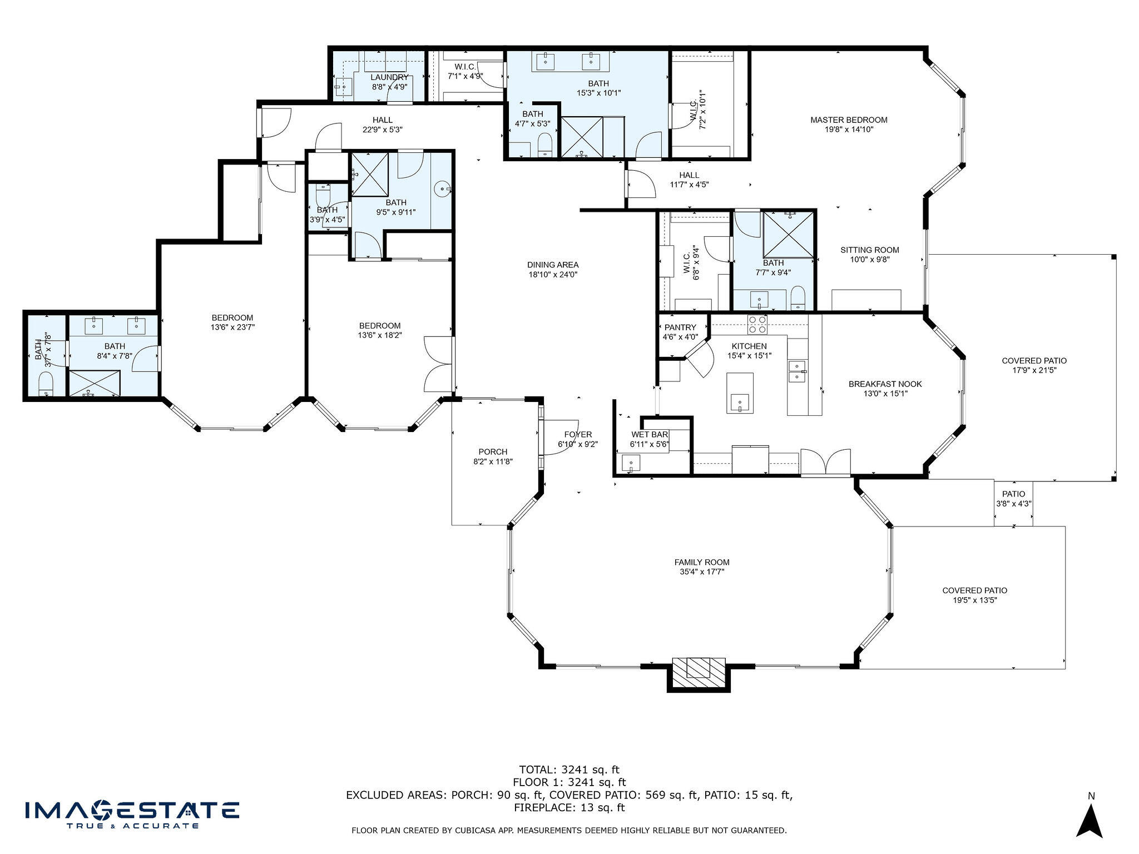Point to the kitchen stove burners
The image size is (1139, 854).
[x=757, y=324]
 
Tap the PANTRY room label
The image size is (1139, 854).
[x=680, y=327]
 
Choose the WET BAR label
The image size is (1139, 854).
[x=650, y=434]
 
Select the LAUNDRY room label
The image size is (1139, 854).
[x=389, y=77]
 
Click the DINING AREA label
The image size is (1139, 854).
[x=553, y=265]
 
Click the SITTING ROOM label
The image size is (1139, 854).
[x=870, y=250]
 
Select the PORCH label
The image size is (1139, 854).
[x=493, y=451]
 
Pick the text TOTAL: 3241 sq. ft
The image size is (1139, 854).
[x=569, y=769]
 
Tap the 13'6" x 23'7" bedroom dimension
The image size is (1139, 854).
[x=232, y=327]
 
